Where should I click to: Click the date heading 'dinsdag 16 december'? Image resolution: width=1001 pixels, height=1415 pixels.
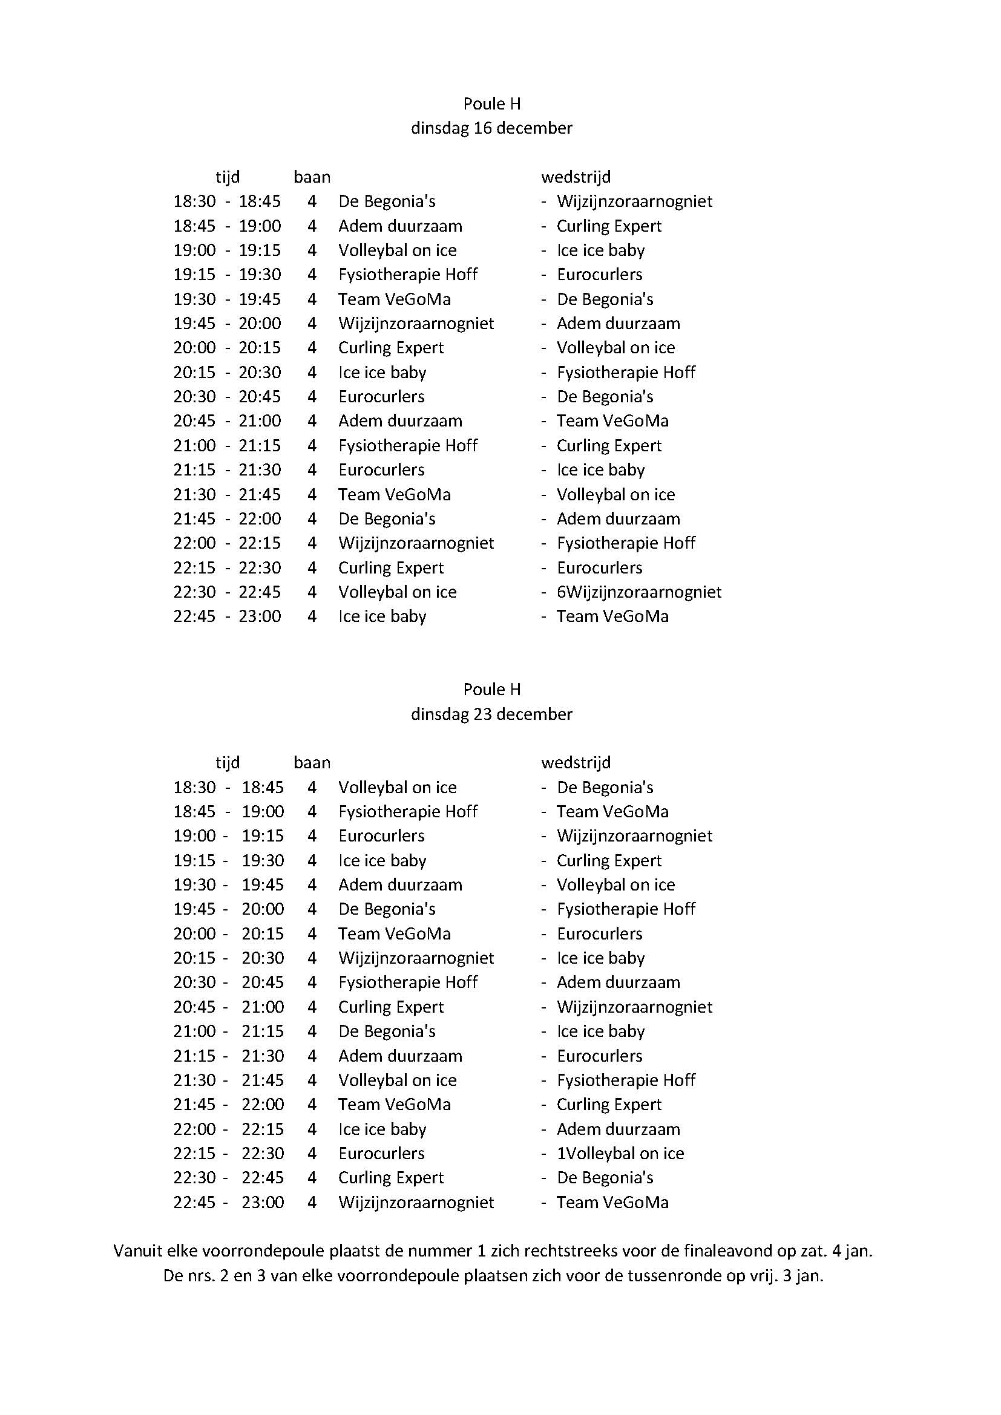point(491,128)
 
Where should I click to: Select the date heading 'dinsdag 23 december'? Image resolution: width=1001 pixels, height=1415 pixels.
point(491,714)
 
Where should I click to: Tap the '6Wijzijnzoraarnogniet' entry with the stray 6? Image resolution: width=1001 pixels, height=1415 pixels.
point(638,592)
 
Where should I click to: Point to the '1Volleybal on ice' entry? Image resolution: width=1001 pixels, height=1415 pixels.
point(620,1153)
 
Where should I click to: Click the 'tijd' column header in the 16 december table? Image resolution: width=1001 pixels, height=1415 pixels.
point(228,177)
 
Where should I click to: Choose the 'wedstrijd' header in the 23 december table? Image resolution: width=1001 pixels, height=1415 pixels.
point(576,762)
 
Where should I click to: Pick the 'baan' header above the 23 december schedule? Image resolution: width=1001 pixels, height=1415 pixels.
point(312,762)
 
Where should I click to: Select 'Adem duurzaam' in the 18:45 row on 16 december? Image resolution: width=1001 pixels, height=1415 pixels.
point(400,226)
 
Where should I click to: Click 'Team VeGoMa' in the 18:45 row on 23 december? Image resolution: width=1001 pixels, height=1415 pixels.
point(612,812)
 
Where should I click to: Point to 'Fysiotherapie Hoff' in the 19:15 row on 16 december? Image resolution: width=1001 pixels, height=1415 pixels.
point(407,275)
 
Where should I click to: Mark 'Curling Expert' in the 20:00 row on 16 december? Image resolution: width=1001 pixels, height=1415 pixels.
point(391,348)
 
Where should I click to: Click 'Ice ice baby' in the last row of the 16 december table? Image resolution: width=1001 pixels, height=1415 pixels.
point(382,616)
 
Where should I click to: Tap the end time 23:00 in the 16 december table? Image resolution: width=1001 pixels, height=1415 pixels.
point(260,616)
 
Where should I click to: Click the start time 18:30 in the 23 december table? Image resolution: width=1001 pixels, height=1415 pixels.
point(194,787)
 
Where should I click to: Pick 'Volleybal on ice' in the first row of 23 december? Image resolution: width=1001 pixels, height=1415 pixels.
point(397,787)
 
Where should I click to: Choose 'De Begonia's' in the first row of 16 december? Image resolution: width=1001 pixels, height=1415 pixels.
point(387,201)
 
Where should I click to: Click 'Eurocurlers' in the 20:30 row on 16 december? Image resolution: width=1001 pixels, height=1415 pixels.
point(381,397)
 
